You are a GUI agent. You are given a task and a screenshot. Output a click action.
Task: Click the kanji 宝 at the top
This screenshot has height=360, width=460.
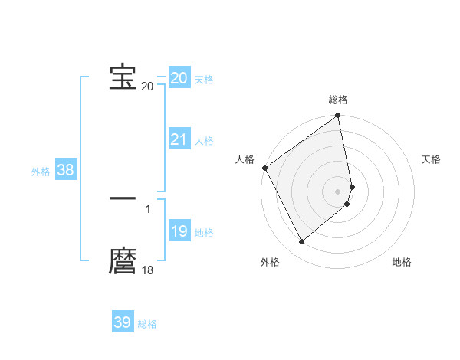point(123,77)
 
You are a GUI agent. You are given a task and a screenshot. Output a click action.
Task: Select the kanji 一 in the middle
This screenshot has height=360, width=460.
point(123,198)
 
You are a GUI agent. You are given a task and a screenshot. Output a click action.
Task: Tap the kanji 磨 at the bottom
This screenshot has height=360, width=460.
point(123,261)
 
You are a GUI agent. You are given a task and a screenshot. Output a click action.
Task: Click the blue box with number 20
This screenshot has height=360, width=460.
point(179,78)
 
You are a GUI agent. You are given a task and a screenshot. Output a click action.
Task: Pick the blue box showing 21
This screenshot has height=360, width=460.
point(179,139)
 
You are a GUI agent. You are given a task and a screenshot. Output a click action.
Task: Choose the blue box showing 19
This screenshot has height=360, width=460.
point(179,231)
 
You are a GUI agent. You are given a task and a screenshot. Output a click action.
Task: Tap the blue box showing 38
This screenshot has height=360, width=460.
point(65,170)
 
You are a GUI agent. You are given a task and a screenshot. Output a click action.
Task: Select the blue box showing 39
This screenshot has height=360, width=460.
point(123,322)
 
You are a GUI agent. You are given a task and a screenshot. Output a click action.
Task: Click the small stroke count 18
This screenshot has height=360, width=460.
point(147,270)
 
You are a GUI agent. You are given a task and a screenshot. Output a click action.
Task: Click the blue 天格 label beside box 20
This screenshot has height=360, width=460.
point(204,80)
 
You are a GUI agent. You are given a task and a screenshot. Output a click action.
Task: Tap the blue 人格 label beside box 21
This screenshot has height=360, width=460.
point(204,141)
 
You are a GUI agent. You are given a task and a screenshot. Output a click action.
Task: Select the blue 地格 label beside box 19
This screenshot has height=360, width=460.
point(204,233)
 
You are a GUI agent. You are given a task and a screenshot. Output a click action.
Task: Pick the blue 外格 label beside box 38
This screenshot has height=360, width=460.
point(41,172)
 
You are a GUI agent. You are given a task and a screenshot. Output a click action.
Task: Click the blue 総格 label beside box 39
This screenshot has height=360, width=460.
point(147,324)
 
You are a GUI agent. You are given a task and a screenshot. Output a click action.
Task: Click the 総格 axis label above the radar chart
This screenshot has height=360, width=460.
point(338,100)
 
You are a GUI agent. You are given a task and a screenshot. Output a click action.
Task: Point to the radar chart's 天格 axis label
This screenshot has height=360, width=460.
point(432,159)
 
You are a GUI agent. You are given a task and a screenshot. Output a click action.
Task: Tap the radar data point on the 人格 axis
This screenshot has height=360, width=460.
point(264,168)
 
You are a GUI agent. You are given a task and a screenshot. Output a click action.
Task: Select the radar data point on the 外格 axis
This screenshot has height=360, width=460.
point(301,242)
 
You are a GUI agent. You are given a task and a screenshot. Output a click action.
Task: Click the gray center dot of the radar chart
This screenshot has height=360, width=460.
point(338,191)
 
